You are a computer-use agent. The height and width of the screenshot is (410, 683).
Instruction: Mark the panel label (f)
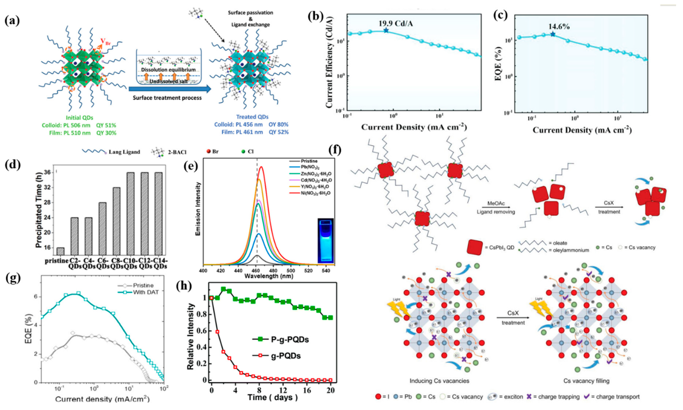point(335,150)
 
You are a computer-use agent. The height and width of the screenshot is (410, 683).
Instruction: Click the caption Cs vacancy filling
point(586,381)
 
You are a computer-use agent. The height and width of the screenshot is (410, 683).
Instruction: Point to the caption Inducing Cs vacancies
point(439,381)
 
